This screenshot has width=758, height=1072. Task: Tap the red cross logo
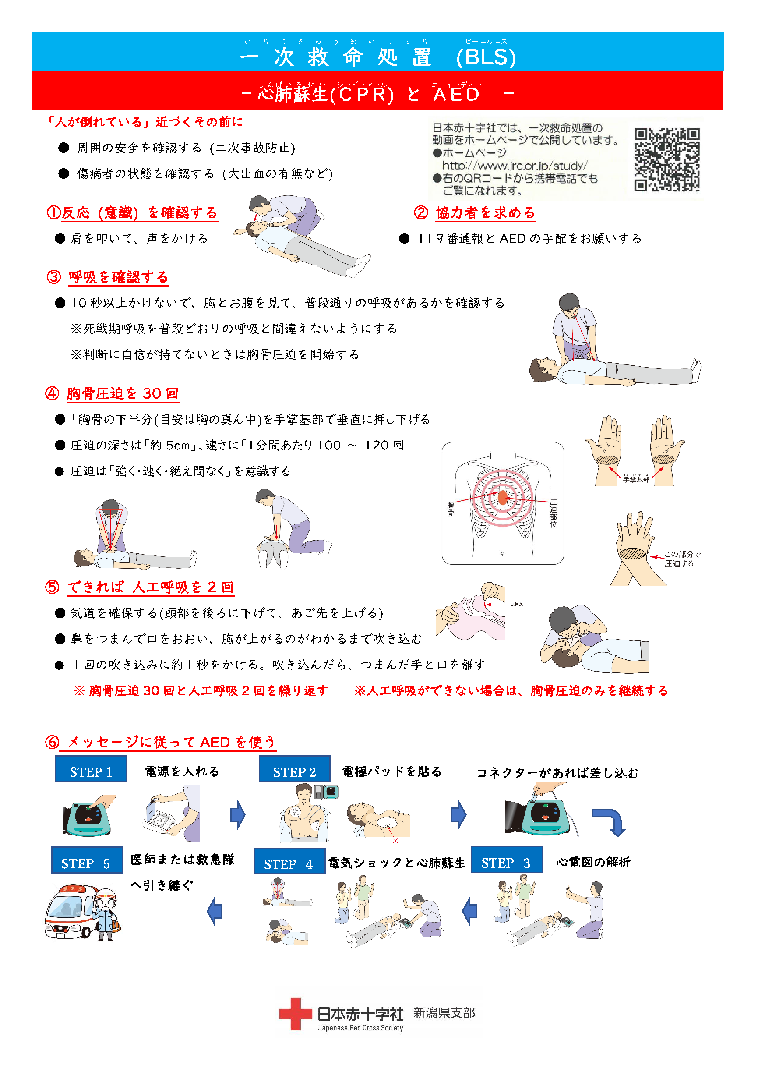[295, 1014]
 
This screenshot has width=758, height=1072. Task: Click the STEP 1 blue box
[91, 768]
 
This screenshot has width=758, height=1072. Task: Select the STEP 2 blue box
[295, 769]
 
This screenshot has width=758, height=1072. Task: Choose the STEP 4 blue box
[289, 861]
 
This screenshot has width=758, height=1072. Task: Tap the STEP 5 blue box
[87, 860]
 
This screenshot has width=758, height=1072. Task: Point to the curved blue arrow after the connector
[610, 822]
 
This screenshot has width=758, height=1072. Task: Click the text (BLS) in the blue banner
[486, 57]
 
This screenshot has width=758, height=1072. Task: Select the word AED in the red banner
[456, 94]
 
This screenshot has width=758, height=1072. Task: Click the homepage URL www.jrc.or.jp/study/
[515, 166]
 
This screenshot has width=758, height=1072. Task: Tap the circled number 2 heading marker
[421, 212]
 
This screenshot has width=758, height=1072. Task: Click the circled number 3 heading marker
[54, 277]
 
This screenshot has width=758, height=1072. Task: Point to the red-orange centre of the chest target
[503, 498]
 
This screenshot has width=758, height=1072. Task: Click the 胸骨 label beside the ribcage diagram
[451, 509]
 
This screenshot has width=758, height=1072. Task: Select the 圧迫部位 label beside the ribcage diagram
[553, 513]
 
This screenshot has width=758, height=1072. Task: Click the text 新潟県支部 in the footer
[444, 1013]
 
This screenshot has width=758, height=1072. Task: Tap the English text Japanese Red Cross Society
[360, 1028]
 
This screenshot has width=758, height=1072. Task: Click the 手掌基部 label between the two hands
[636, 479]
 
